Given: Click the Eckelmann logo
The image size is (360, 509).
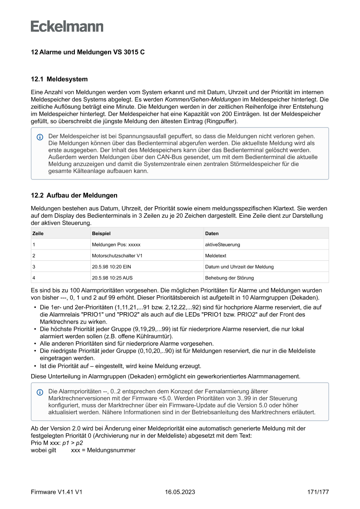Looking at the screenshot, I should pos(67,26).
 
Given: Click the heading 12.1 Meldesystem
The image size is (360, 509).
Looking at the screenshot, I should pos(59,79).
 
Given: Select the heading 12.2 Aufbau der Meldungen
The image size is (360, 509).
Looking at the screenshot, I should pos(74,195).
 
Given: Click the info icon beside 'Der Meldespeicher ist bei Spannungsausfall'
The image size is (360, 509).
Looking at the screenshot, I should pos(40,137).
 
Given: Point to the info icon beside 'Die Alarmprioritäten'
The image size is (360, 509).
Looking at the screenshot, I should pos(40,392).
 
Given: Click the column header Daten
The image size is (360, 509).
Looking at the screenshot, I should pos(212,233).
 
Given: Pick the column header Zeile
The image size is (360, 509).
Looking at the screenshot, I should pos(38,233).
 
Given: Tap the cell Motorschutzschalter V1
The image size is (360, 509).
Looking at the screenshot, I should pos(117,256).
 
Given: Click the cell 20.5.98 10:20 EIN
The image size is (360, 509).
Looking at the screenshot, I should pos(111,266).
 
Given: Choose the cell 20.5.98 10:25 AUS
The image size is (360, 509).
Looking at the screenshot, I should pos(112,277).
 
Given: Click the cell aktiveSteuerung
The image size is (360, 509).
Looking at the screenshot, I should pos(222,245).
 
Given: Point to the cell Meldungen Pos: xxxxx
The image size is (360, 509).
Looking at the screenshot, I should pos(116,245).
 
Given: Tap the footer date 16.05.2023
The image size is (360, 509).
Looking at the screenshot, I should pos(180,492).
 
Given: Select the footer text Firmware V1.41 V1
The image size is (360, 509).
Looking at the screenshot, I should pos(57,492).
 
